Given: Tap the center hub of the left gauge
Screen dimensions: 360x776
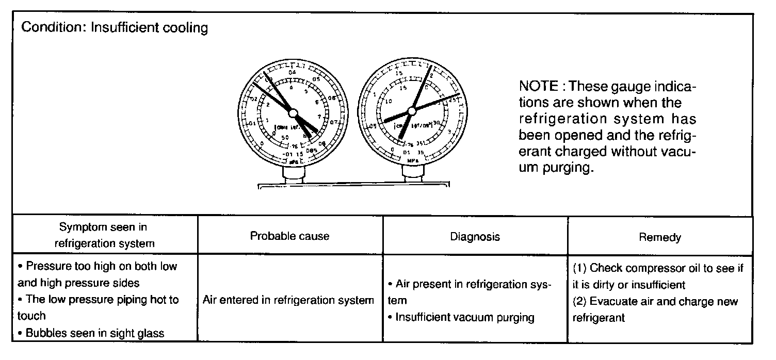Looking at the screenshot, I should [293, 112].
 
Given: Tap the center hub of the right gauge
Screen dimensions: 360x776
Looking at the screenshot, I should [412, 110].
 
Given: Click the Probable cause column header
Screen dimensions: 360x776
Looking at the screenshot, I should [289, 236].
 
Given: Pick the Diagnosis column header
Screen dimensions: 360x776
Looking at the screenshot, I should [475, 237].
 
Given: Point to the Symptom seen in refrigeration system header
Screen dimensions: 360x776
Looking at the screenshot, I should [104, 235].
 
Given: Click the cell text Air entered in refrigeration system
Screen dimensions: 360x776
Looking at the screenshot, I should [288, 300].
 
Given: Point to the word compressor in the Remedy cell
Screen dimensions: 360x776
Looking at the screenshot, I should [642, 268].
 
